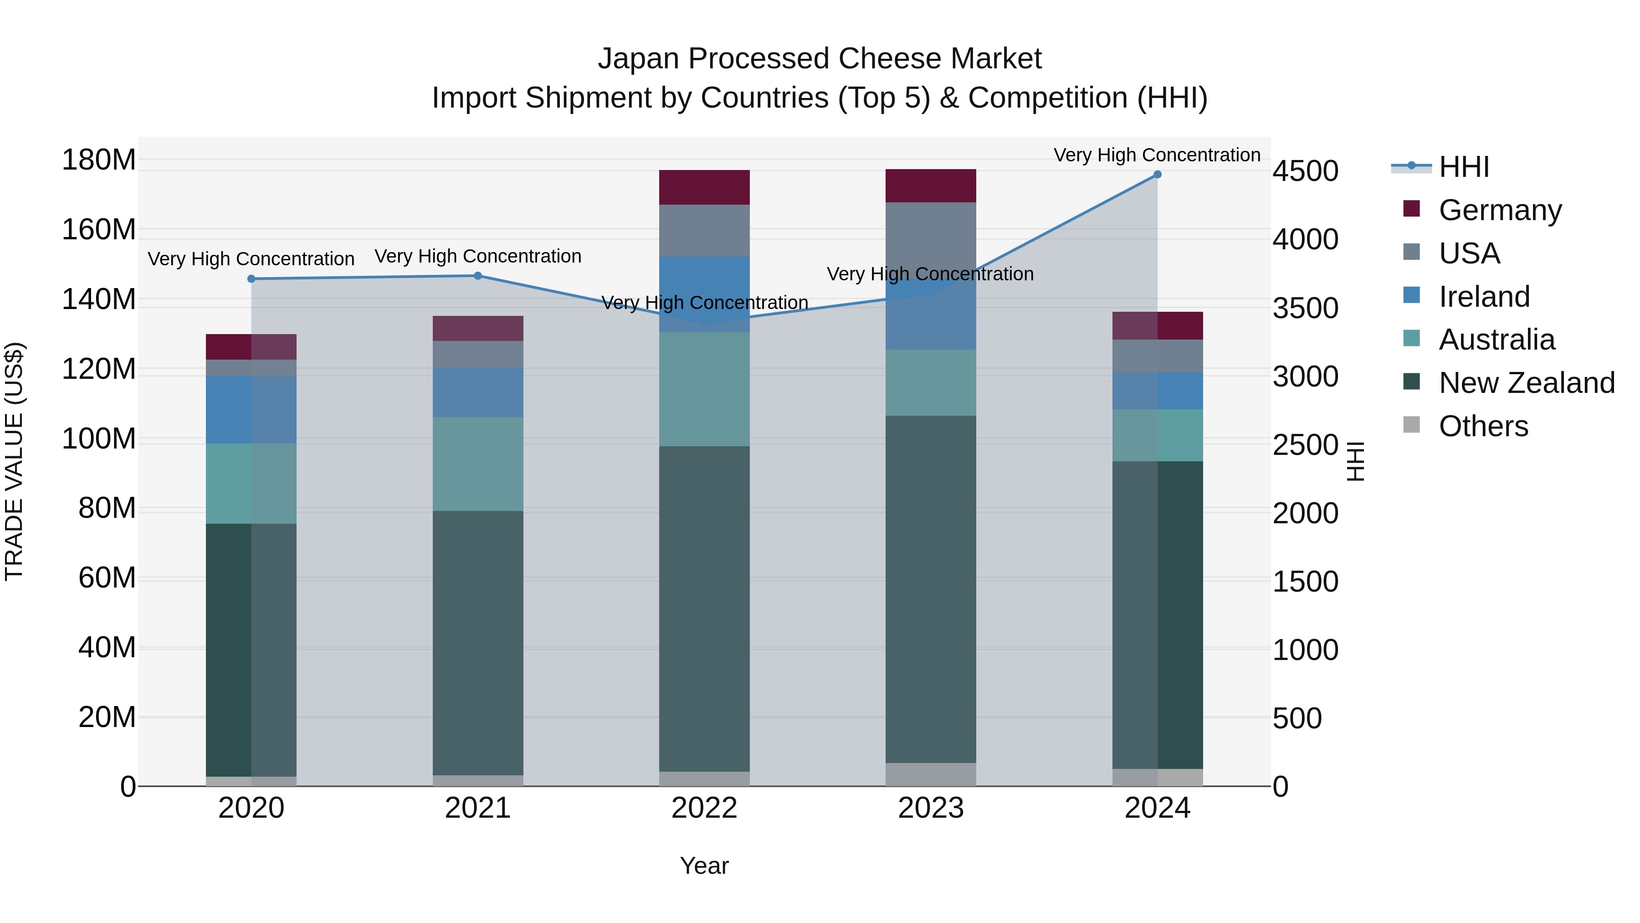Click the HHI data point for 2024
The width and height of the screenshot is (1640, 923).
point(1158,175)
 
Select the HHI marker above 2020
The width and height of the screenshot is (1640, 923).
point(251,279)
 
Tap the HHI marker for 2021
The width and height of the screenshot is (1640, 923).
point(478,276)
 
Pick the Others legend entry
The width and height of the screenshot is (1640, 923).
point(1483,426)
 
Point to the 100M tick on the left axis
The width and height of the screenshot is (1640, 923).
point(99,439)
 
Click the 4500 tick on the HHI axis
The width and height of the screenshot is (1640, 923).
point(1305,171)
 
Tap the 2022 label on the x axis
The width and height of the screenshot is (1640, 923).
point(704,808)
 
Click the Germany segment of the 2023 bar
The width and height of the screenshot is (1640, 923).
point(931,186)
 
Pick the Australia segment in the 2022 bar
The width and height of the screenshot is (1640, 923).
point(704,389)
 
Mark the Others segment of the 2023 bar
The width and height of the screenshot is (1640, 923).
point(931,774)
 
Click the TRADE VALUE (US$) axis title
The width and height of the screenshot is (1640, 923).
point(14,461)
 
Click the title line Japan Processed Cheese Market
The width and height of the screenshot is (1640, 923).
point(820,59)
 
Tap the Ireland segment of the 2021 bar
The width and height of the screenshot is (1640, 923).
point(478,392)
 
